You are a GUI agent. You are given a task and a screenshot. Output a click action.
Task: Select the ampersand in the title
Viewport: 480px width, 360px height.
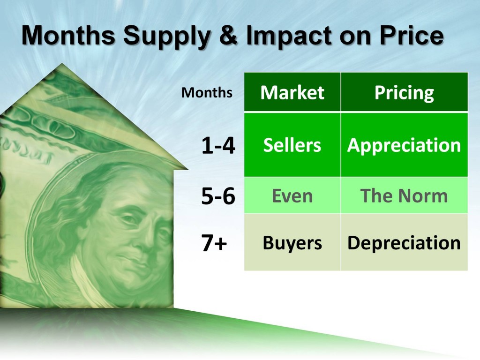point(228,35)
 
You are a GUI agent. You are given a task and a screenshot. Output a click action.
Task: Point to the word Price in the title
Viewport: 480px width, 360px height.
point(412,35)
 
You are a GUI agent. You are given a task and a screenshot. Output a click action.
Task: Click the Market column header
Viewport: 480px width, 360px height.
point(292,92)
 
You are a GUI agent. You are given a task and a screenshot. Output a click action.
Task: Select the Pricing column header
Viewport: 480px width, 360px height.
point(404,92)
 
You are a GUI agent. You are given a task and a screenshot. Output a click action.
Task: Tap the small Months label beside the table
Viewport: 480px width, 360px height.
point(207,92)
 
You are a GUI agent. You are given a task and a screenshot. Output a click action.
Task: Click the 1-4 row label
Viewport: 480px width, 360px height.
point(218,145)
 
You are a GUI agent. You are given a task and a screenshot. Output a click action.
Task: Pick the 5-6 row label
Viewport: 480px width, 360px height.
point(218,196)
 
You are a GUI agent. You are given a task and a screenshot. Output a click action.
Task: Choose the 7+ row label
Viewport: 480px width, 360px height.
point(214,243)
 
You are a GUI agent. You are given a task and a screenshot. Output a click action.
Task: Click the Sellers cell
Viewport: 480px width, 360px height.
point(292,145)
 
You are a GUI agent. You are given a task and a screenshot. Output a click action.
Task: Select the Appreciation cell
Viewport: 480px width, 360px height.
point(404,145)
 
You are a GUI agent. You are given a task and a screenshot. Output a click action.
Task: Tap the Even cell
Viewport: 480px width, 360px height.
point(292,195)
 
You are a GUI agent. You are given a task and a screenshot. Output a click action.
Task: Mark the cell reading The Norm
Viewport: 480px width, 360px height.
point(404,195)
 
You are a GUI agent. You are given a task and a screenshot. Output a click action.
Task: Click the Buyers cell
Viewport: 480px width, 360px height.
point(292,242)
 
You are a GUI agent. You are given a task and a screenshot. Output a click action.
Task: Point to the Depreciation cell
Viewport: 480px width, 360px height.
point(404,242)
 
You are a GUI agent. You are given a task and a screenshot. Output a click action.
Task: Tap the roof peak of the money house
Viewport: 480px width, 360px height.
point(62,64)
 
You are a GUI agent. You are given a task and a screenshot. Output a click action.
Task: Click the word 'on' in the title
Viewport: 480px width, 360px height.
point(355,37)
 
